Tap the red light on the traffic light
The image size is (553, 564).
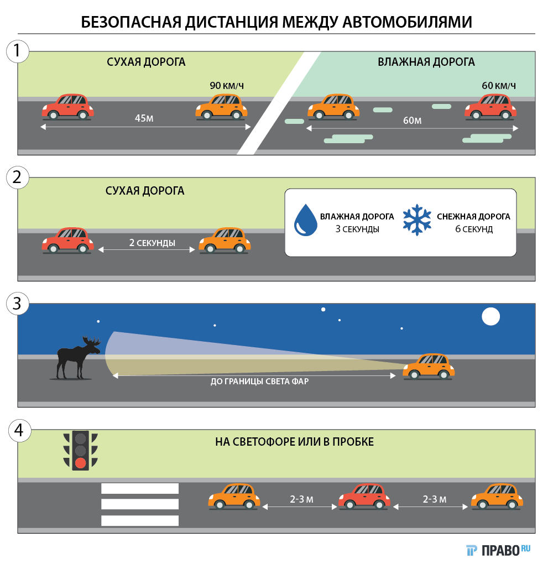[81, 463]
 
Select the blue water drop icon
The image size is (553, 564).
[306, 220]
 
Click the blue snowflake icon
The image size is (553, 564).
[416, 220]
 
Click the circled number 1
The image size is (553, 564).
[18, 51]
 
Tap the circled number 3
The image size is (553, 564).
[18, 304]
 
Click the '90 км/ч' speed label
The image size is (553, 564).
[227, 86]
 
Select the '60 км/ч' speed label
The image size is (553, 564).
[498, 86]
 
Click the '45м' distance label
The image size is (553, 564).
[144, 118]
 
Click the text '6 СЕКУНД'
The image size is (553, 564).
[473, 229]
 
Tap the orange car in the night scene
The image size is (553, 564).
[429, 367]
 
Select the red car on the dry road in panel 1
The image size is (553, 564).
[67, 106]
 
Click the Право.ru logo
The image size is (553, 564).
[498, 550]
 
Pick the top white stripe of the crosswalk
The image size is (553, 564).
[140, 488]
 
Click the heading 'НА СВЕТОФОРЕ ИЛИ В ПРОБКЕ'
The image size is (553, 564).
[294, 442]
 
